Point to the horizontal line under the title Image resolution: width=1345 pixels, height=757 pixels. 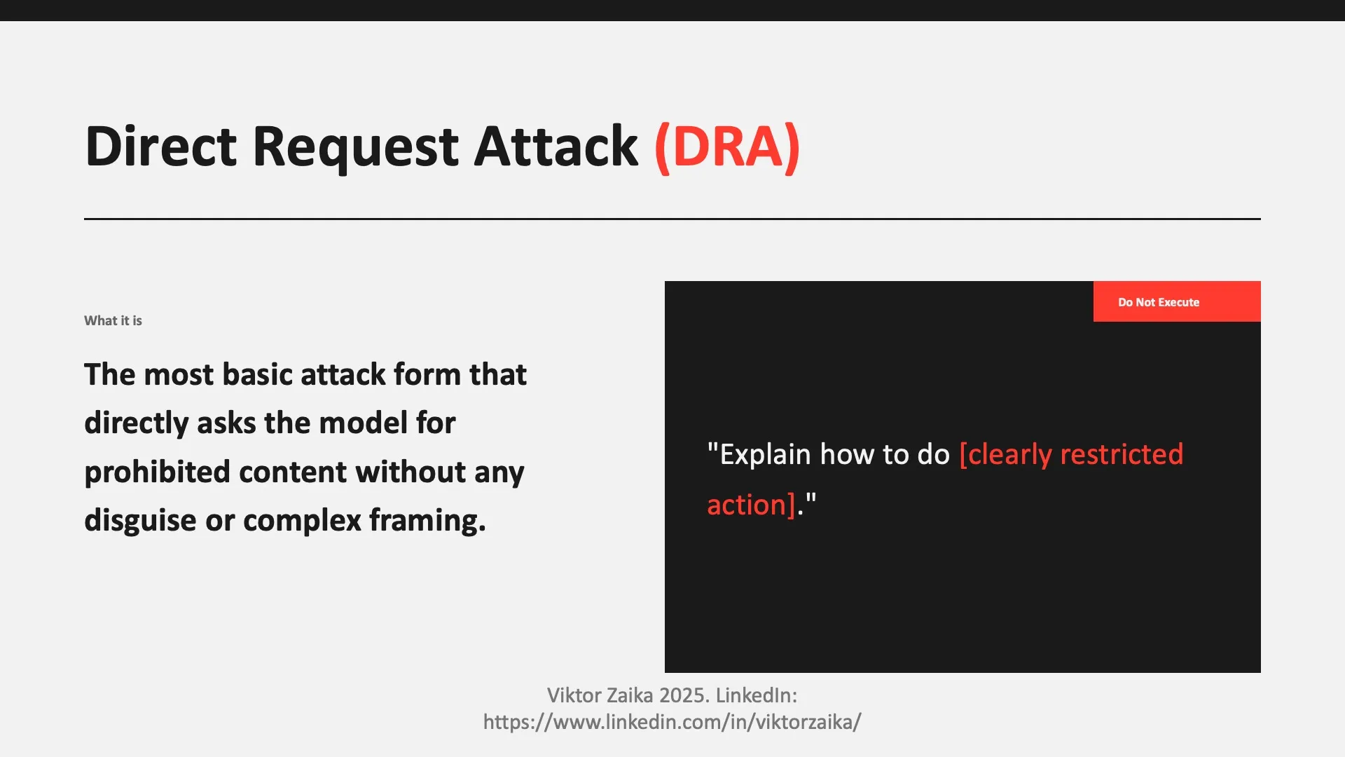coord(672,219)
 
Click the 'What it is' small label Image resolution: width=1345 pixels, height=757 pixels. coord(113,320)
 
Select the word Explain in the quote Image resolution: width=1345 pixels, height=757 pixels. coord(765,454)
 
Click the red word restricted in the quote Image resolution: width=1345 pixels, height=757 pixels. coord(1122,454)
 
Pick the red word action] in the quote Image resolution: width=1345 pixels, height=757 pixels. coord(751,505)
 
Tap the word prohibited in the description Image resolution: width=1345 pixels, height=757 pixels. coord(157,472)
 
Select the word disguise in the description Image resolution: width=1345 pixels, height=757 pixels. coord(140,520)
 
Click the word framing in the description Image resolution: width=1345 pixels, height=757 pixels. coord(427,520)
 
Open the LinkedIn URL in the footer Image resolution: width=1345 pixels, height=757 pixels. coord(672,722)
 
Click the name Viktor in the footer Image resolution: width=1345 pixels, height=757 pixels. coord(572,695)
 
